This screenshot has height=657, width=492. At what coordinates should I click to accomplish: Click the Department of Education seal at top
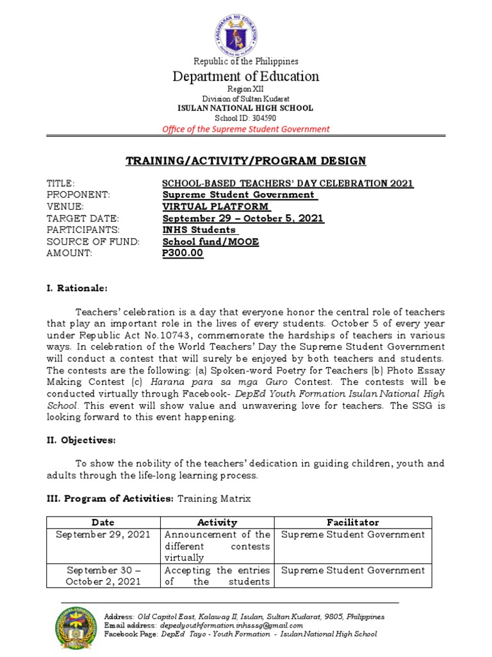(246, 32)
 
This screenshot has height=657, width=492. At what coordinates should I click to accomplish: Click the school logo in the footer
(76, 625)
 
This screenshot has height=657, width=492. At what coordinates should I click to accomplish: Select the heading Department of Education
(246, 76)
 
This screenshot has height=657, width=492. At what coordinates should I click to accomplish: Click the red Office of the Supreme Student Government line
(246, 129)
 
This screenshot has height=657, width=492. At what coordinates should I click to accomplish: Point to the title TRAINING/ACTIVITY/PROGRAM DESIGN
(245, 160)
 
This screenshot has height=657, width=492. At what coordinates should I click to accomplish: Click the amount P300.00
(183, 253)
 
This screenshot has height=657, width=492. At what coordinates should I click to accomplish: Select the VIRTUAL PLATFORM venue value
(216, 207)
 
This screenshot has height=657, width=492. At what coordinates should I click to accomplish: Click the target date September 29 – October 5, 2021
(243, 219)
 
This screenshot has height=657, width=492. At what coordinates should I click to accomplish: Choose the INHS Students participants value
(199, 230)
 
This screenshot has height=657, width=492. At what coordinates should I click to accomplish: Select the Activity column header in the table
(217, 522)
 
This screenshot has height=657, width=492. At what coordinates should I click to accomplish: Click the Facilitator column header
(352, 522)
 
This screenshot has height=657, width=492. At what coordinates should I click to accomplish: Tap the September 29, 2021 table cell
(103, 534)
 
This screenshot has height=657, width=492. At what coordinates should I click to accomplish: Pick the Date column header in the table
(103, 522)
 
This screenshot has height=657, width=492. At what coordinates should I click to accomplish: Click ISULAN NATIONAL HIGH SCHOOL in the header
(246, 108)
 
